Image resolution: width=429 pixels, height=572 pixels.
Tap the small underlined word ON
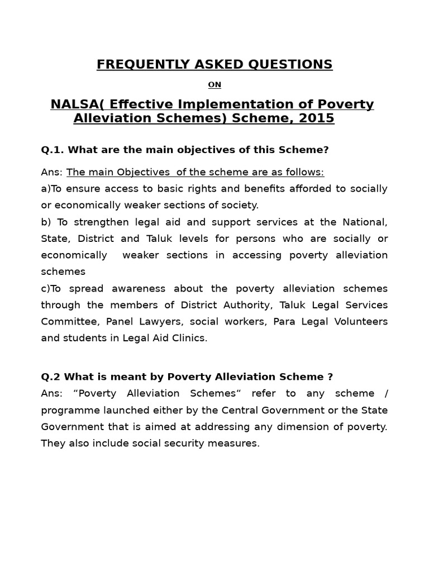pyautogui.click(x=214, y=85)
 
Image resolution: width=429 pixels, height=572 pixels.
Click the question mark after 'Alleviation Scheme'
pyautogui.click(x=331, y=376)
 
